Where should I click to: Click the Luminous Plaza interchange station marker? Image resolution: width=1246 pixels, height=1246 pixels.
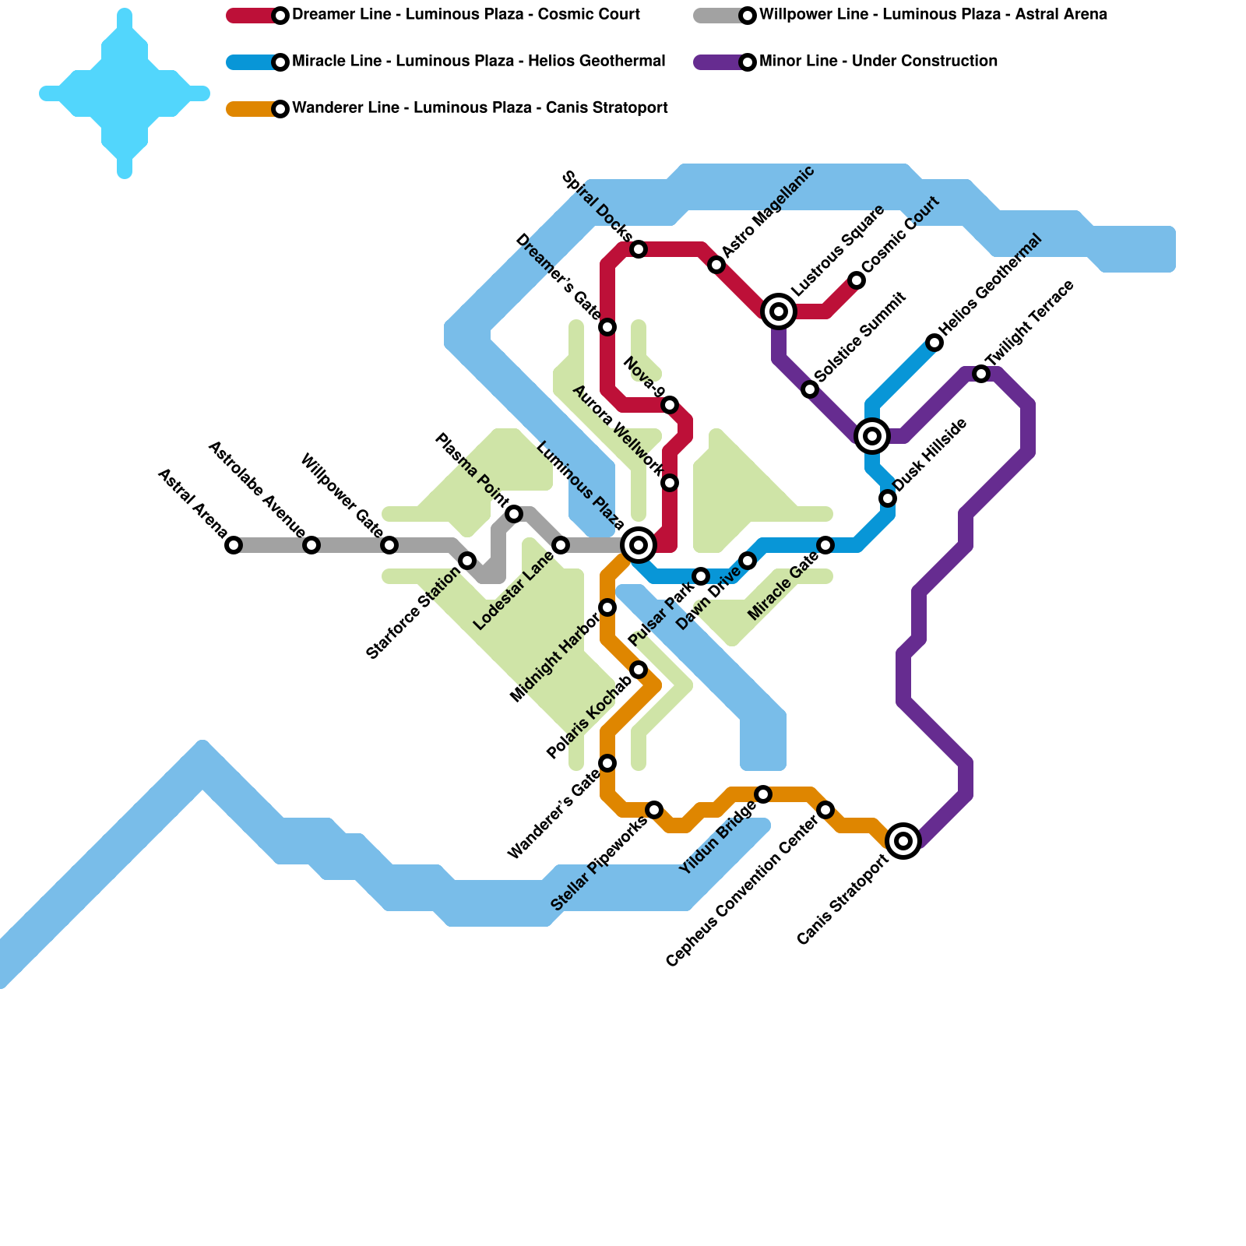click(x=639, y=545)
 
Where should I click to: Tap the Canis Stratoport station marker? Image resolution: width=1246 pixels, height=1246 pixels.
click(x=903, y=841)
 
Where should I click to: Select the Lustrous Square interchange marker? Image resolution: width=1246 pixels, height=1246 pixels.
click(x=779, y=311)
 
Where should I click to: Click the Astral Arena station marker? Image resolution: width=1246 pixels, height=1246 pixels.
click(x=234, y=545)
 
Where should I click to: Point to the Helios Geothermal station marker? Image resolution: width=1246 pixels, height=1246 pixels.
click(x=935, y=343)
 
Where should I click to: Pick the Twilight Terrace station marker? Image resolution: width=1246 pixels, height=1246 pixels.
click(x=981, y=374)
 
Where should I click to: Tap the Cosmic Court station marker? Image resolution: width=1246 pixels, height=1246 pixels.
click(x=857, y=280)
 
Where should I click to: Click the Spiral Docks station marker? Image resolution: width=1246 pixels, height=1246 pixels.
click(x=639, y=249)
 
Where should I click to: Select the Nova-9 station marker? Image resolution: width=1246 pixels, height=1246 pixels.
click(x=670, y=405)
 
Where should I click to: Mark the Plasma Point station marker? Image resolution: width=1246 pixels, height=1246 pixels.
click(x=514, y=514)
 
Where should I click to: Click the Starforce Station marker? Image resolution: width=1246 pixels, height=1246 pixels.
click(x=467, y=561)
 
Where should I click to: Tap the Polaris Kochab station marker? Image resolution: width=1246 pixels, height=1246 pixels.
click(x=639, y=670)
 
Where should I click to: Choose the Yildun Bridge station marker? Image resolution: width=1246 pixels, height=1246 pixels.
click(x=763, y=794)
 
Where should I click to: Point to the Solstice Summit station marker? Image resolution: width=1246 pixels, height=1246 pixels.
click(x=810, y=389)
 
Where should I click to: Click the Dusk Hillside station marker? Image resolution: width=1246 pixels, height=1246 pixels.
click(x=888, y=498)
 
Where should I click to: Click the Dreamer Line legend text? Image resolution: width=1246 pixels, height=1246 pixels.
click(x=466, y=15)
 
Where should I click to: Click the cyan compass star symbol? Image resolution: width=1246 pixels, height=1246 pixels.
click(x=125, y=93)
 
